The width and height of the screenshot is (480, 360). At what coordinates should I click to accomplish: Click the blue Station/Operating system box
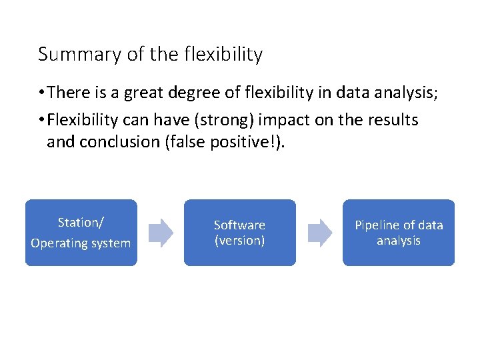tap(81, 233)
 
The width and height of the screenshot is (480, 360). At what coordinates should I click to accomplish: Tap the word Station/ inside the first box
tap(81, 222)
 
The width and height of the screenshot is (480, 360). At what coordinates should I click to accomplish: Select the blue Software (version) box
tap(239, 233)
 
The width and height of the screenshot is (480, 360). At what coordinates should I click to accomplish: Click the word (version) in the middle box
tap(239, 241)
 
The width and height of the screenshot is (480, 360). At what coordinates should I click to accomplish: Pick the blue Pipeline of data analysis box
tap(398, 233)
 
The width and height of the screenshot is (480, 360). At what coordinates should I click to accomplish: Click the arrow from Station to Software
tap(161, 233)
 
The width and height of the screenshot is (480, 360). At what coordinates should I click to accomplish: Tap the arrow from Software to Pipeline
tap(319, 233)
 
